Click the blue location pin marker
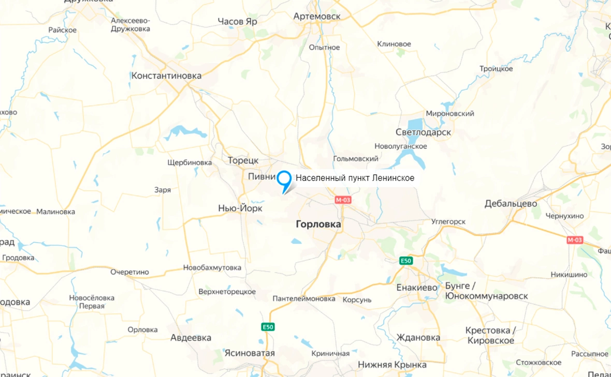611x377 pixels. (x=284, y=179)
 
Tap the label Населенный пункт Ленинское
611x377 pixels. (x=355, y=178)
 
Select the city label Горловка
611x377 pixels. (x=318, y=224)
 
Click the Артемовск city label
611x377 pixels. (x=317, y=17)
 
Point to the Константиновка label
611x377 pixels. (x=166, y=76)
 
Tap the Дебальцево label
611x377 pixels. (x=511, y=203)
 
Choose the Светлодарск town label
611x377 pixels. (x=423, y=132)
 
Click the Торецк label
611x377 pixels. (x=243, y=161)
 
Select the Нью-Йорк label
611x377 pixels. (x=240, y=208)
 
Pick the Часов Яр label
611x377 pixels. (x=237, y=22)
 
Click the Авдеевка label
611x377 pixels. (x=191, y=338)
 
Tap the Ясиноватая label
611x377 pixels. (x=250, y=353)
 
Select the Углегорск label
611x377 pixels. (x=448, y=222)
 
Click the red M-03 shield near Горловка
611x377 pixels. (x=343, y=200)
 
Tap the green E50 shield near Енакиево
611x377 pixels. (x=406, y=261)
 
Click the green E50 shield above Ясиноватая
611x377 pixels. (x=268, y=327)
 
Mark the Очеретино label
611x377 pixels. (x=129, y=272)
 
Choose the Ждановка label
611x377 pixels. (x=418, y=338)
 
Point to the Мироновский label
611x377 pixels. (x=450, y=113)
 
